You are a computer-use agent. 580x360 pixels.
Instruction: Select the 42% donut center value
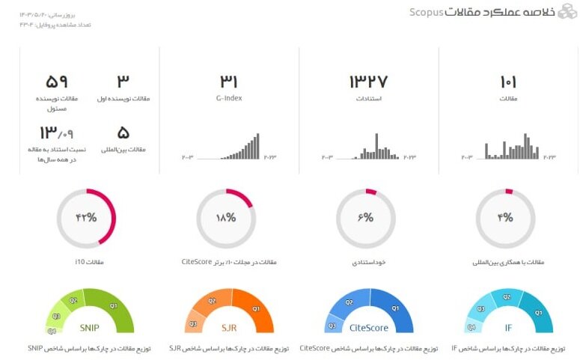pyautogui.click(x=86, y=218)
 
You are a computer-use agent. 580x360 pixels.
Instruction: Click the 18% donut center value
pyautogui.click(x=226, y=218)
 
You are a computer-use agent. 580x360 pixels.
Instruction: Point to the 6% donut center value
pyautogui.click(x=366, y=218)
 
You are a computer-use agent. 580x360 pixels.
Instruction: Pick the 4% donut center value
pyautogui.click(x=506, y=218)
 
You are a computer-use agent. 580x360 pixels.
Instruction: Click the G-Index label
pyautogui.click(x=229, y=99)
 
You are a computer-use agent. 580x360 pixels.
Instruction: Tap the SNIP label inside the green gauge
pyautogui.click(x=90, y=327)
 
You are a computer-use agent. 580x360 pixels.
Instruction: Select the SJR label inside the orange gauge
pyautogui.click(x=229, y=327)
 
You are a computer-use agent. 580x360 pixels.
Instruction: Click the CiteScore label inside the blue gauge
pyautogui.click(x=369, y=327)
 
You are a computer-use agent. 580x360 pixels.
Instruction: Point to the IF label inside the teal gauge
pyautogui.click(x=509, y=327)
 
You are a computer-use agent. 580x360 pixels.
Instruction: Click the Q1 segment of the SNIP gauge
pyautogui.click(x=113, y=306)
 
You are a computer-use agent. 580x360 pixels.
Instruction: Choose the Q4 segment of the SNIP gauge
pyautogui.click(x=52, y=330)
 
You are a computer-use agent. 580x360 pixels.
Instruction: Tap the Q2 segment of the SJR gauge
pyautogui.click(x=212, y=301)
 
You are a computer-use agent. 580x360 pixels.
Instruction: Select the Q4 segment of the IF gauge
pyautogui.click(x=471, y=326)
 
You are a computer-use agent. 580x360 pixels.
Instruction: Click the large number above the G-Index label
pyautogui.click(x=229, y=81)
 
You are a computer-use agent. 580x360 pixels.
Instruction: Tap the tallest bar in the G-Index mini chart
pyautogui.click(x=257, y=146)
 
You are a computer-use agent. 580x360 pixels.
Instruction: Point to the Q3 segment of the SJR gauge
pyautogui.click(x=192, y=323)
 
